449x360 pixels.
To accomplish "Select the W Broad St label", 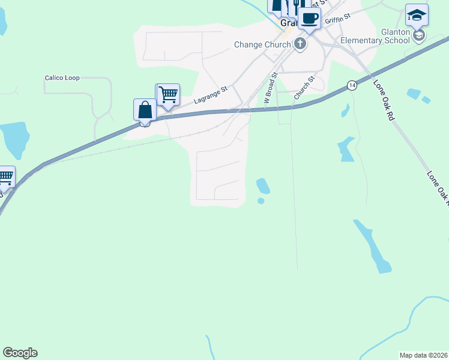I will [271, 91].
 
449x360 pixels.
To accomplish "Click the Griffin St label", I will [337, 21].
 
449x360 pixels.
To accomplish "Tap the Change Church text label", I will [262, 44].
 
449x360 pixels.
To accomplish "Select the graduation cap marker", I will [417, 14].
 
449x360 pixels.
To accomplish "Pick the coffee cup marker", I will [309, 18].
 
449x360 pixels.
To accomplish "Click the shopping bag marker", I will [145, 110].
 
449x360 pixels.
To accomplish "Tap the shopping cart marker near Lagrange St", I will [169, 94].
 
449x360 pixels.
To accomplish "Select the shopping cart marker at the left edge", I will [5, 176].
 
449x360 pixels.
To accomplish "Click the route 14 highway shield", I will [351, 85].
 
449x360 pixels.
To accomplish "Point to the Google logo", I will [20, 353].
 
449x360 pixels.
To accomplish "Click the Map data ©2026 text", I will [423, 355].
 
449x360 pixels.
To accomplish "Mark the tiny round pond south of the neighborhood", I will [261, 201].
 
